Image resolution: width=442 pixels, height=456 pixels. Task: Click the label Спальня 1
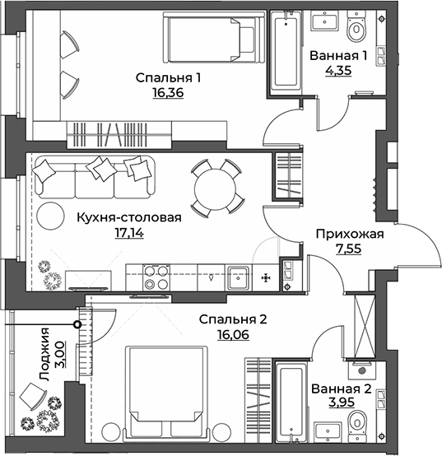pyautogui.click(x=169, y=78)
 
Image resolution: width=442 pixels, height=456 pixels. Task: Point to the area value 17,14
pyautogui.click(x=128, y=233)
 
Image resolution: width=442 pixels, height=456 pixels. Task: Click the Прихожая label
pyautogui.click(x=350, y=234)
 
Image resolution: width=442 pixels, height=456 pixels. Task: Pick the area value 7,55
pyautogui.click(x=350, y=249)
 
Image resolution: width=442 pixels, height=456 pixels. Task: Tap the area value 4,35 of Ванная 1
pyautogui.click(x=337, y=71)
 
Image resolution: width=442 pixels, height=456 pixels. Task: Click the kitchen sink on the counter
pyautogui.click(x=239, y=275)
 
